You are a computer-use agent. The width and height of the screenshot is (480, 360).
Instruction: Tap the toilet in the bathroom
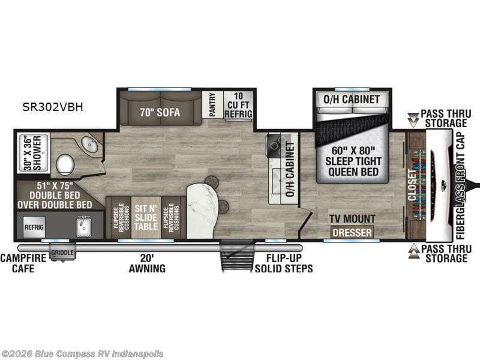pyautogui.click(x=65, y=163)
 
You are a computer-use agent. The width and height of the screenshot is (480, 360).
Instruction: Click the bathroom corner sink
pyautogui.click(x=89, y=145)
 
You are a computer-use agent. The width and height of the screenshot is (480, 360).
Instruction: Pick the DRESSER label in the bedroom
pyautogui.click(x=352, y=232)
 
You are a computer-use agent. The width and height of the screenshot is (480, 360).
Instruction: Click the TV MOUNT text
pyautogui.click(x=352, y=219)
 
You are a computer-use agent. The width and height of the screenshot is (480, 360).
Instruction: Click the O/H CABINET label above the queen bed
pyautogui.click(x=352, y=99)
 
